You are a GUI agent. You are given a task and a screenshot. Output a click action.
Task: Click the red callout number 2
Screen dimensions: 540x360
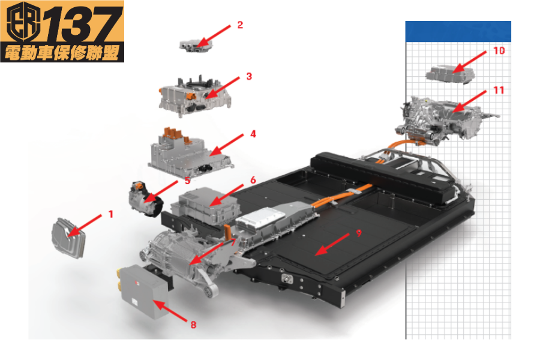[240, 25]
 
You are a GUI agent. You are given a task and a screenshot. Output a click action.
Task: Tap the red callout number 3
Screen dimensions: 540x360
[249, 76]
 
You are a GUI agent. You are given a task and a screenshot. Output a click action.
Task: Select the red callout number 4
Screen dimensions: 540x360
[253, 134]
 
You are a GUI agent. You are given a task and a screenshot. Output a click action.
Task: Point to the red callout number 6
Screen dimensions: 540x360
[253, 180]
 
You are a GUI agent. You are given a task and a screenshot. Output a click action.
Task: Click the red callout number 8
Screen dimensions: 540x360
[194, 325]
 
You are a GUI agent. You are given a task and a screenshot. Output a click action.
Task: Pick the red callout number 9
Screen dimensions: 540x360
[359, 233]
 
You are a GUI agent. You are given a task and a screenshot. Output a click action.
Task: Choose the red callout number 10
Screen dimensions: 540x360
[499, 50]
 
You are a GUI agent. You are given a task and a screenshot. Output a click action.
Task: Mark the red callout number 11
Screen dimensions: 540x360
[499, 90]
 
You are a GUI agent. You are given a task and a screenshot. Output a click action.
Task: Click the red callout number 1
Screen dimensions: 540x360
[110, 214]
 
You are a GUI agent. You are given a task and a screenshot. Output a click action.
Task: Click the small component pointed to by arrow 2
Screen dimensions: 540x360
[196, 46]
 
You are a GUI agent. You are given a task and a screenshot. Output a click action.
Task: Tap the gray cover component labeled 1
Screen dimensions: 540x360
[68, 238]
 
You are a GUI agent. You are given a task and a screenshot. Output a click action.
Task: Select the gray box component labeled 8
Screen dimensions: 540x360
[143, 291]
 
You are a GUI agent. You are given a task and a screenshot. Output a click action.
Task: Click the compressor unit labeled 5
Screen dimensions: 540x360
[145, 199]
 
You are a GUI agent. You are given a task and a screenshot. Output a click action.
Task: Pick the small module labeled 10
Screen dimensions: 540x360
[450, 74]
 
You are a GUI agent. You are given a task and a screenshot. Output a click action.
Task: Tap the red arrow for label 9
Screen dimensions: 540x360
[332, 245]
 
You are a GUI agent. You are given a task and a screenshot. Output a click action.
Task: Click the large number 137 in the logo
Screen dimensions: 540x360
[83, 24]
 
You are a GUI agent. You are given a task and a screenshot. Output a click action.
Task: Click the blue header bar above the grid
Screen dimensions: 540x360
[458, 31]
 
